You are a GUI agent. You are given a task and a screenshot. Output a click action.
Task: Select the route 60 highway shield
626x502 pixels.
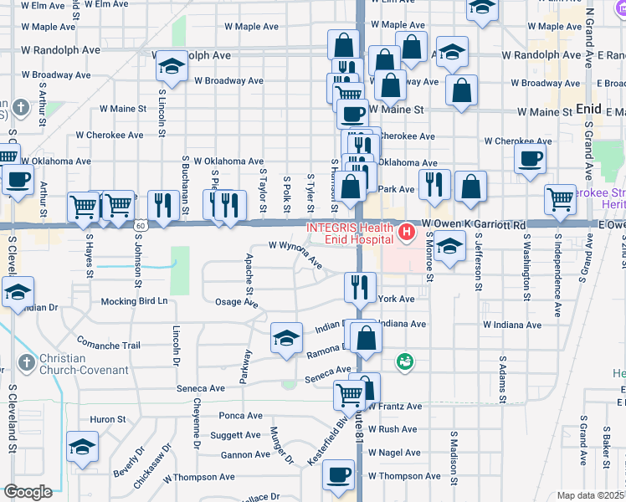pyautogui.click(x=140, y=225)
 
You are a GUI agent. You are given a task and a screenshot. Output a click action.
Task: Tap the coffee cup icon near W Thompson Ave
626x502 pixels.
pyautogui.click(x=339, y=474)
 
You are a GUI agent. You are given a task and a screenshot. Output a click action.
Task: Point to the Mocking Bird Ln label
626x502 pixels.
pyautogui.click(x=134, y=301)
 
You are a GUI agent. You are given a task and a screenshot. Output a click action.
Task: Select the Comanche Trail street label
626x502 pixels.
pyautogui.click(x=109, y=345)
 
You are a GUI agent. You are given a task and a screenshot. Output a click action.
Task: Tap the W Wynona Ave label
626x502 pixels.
pyautogui.click(x=295, y=253)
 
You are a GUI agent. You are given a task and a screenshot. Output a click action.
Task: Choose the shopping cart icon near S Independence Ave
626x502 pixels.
pyautogui.click(x=560, y=198)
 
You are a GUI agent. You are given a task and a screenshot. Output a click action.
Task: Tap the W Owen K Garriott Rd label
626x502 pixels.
pyautogui.click(x=473, y=225)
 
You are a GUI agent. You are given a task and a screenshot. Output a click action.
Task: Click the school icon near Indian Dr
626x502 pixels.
pyautogui.click(x=286, y=338)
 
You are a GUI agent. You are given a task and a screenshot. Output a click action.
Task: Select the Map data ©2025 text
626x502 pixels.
pyautogui.click(x=590, y=495)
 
